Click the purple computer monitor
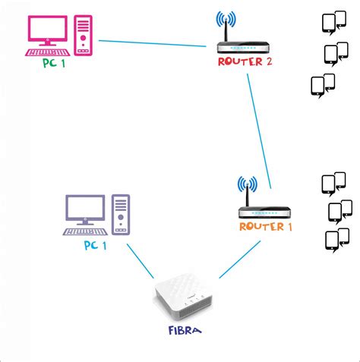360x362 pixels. point(84,209)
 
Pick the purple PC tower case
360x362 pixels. point(121,213)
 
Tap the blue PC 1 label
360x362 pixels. point(96,246)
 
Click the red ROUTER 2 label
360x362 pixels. point(245,62)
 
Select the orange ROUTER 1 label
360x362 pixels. point(265,226)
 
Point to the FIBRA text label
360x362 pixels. point(185,331)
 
